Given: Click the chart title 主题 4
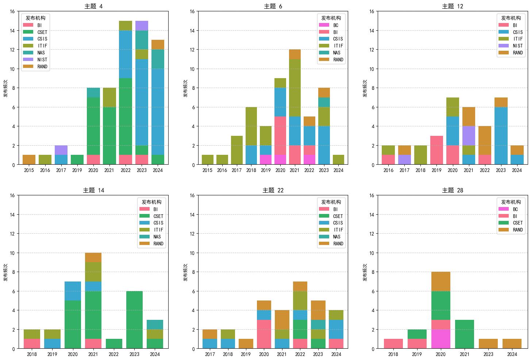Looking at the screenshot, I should pos(93,6).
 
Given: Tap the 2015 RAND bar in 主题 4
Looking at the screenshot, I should pos(29,160).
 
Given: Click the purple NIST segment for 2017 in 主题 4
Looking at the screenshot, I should pos(61,150).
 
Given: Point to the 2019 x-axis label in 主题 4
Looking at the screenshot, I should pos(77,170).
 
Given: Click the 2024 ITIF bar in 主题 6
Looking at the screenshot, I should pos(338,160).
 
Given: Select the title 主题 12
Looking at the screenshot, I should pos(453,6).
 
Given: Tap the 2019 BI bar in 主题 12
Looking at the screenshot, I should pos(436,150).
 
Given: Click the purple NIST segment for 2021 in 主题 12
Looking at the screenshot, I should pos(469,136).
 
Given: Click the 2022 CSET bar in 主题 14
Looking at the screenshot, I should pos(113,344).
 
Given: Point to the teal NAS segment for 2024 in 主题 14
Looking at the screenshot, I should pos(155,325).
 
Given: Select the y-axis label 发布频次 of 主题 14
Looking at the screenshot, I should pos(6,272).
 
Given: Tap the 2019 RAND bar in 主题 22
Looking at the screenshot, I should pos(246,344).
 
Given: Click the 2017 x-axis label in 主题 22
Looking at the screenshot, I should pos(210,354).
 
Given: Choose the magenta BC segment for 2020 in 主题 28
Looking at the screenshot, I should pos(440,339).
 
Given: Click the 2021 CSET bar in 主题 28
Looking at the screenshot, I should pos(465,334).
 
